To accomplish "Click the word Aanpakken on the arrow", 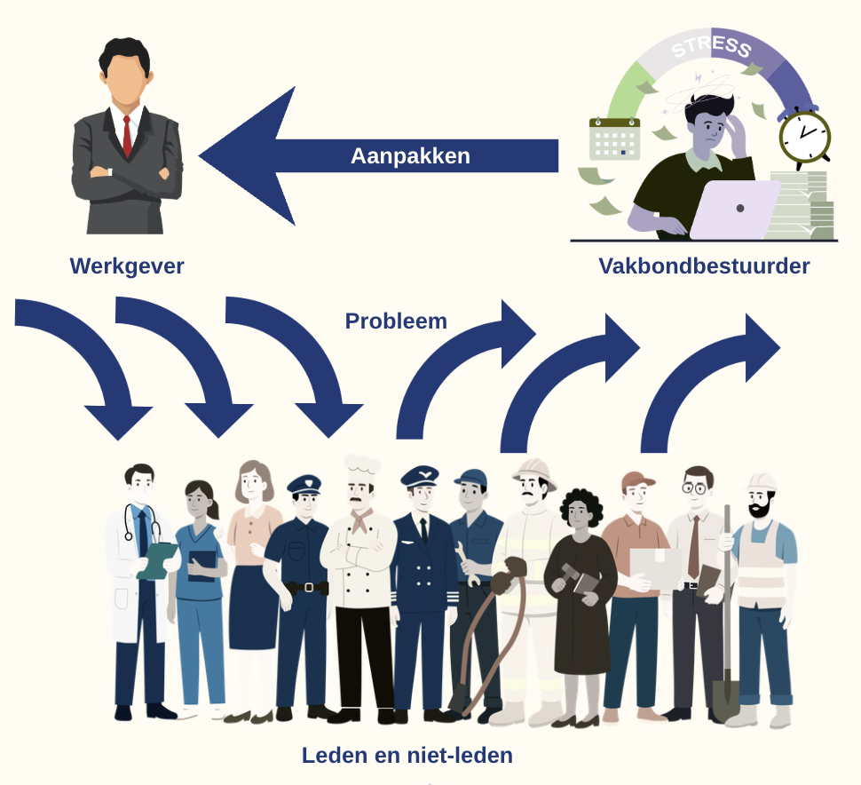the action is coord(410,156).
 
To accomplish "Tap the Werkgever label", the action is coord(127,266).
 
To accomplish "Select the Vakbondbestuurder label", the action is coord(704,266).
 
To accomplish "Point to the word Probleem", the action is coord(396,321).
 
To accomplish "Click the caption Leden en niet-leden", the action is coord(407,756).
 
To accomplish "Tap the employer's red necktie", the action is coord(128,136).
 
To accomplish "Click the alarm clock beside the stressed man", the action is coord(804,137).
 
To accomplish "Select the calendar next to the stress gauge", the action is coord(614,139).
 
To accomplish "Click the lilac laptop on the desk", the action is coord(734,209).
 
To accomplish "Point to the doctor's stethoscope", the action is coord(141,522).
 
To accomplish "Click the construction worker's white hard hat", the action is coord(761,482).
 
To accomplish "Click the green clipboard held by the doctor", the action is coord(157,560).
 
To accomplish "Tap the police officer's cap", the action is coord(304,485).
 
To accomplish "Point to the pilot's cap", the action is coord(420,476).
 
